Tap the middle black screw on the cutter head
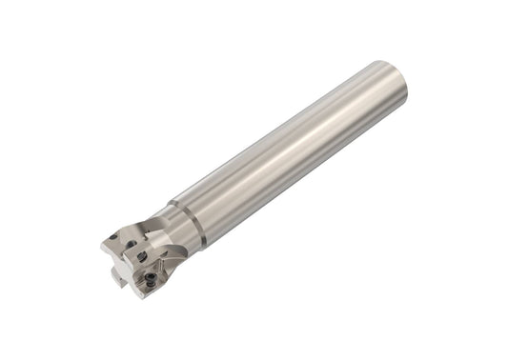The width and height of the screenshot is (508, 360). [x=142, y=256]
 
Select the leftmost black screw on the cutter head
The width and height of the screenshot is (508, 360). [x=114, y=236]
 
